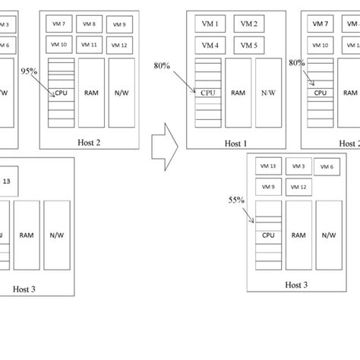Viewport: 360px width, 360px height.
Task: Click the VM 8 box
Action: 89,24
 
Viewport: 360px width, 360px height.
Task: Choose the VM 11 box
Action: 89,45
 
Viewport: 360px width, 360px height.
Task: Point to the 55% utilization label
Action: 236,200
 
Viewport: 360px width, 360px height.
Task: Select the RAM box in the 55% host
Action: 298,235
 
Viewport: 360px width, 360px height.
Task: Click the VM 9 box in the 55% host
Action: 268,187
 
